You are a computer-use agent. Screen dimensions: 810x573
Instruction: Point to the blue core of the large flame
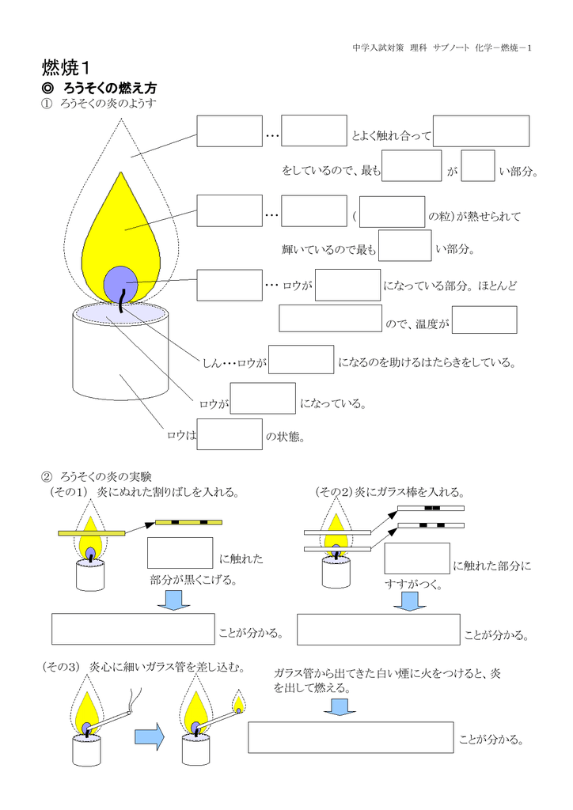tap(120, 280)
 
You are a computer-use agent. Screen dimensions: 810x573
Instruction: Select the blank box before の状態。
tap(230, 434)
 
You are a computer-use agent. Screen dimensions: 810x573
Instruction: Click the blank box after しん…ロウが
tap(301, 360)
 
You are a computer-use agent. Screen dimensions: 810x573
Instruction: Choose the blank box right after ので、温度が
tap(484, 320)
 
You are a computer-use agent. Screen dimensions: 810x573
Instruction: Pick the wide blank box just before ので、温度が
tap(330, 318)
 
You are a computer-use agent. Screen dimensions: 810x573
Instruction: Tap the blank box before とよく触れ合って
tap(314, 131)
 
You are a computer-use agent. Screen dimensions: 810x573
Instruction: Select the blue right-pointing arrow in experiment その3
tap(149, 737)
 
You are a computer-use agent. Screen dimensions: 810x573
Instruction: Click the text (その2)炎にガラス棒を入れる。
tap(389, 492)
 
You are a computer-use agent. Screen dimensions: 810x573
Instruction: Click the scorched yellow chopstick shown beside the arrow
tap(188, 522)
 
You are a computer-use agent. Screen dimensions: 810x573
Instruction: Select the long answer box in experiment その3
tap(351, 737)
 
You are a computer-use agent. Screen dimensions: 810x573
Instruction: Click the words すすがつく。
tap(412, 585)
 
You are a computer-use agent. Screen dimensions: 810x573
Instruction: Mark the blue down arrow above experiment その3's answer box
tap(339, 706)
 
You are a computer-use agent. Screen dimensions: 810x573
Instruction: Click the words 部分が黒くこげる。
tap(194, 580)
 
